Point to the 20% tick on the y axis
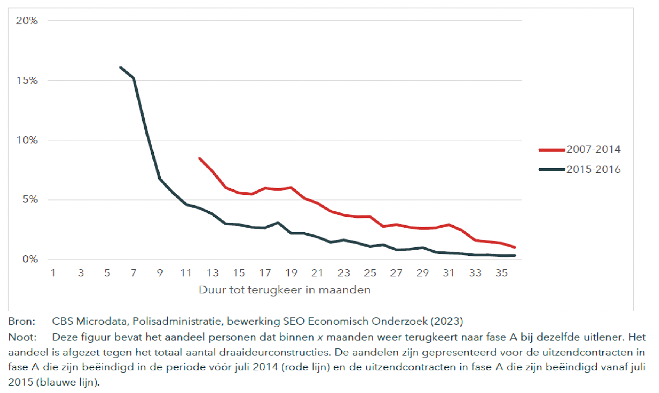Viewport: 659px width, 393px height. click(27, 21)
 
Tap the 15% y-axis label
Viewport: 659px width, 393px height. click(27, 81)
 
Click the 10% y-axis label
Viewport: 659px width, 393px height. click(27, 140)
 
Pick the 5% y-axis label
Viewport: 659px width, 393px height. click(30, 200)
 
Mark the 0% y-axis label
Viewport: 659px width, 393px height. click(30, 259)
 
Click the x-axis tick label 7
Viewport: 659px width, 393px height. click(134, 273)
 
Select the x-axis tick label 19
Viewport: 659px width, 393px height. click(291, 273)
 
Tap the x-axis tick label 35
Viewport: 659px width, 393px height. click(501, 273)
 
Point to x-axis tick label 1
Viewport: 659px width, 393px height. click(53, 273)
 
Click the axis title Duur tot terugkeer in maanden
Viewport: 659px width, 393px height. click(285, 290)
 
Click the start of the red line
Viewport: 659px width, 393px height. click(200, 159)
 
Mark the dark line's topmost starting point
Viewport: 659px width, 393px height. click(120, 67)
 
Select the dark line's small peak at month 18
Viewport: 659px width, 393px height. click(278, 223)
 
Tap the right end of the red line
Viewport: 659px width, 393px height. click(515, 247)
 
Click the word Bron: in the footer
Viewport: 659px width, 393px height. click(22, 321)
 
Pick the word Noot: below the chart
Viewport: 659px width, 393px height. click(22, 337)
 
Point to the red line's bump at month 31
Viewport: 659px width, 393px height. click(449, 225)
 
